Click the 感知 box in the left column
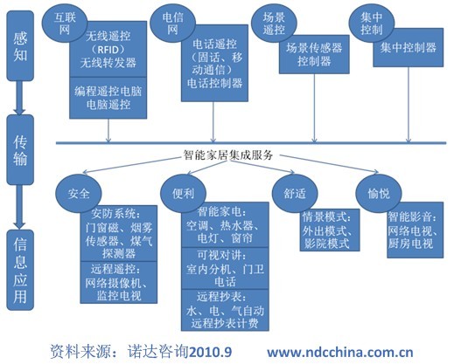tap(20, 45)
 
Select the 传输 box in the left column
tap(20, 150)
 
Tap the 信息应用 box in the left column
tap(20, 270)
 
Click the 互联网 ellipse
tap(65, 24)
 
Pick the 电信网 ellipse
tap(172, 24)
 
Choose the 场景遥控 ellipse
tap(274, 24)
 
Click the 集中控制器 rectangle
tap(409, 48)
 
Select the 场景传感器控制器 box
tap(314, 54)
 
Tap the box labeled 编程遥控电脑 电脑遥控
tap(108, 98)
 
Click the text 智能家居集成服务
tap(228, 155)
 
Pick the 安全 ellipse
tap(79, 194)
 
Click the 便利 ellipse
tap(183, 194)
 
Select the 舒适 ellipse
tap(295, 194)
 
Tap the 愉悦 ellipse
tap(379, 194)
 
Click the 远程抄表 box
tap(225, 310)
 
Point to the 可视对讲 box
tap(225, 269)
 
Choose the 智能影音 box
tap(416, 230)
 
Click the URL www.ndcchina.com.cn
tap(340, 353)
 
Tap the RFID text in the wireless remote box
tap(108, 50)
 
